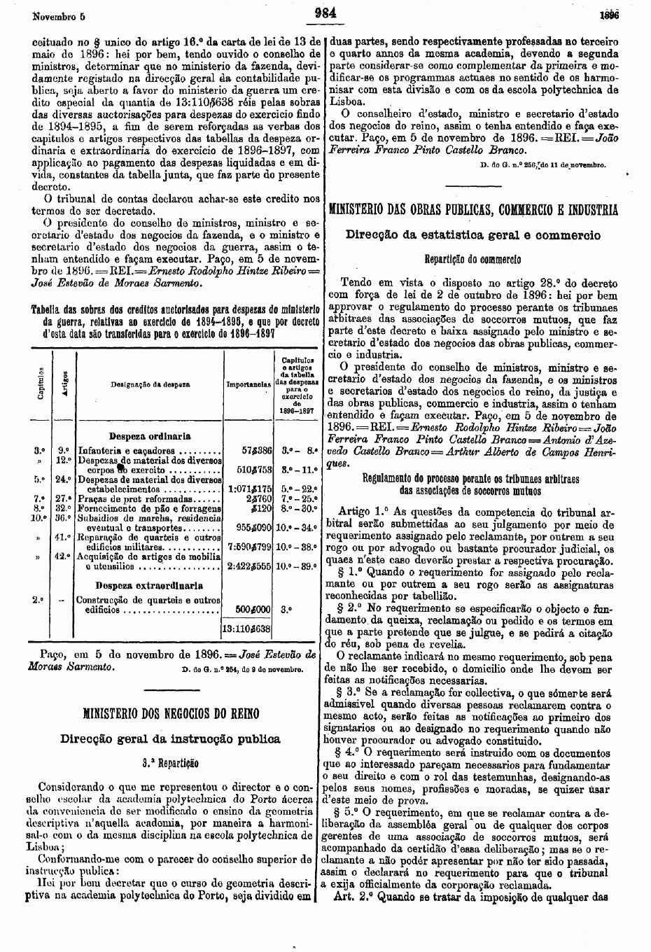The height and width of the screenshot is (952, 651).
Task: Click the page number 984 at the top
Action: point(326,11)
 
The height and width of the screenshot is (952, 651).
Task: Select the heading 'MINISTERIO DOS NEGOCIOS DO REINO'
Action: point(171,714)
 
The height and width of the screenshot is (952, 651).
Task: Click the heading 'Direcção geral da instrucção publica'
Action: point(171,738)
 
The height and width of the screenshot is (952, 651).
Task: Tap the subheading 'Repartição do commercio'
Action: point(473,258)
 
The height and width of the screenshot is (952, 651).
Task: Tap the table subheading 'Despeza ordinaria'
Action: point(150,436)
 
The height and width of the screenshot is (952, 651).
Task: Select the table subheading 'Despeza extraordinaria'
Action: point(149,585)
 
